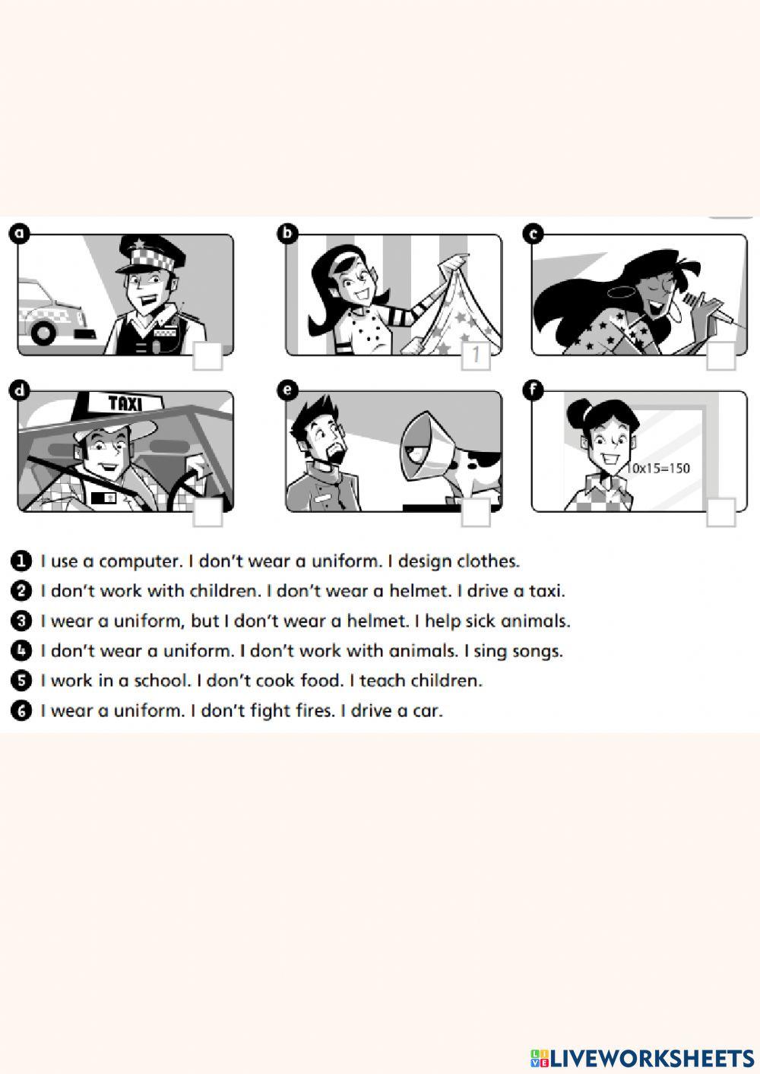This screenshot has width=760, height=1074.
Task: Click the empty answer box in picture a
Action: (207, 356)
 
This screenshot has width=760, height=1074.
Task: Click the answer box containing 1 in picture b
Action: (476, 355)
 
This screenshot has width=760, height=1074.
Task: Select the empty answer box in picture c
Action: (720, 356)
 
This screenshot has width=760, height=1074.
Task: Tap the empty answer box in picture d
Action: (207, 513)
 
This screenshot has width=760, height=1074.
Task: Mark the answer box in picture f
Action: (720, 513)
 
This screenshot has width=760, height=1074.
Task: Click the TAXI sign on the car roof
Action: (125, 403)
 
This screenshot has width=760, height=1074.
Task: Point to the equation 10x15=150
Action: (658, 469)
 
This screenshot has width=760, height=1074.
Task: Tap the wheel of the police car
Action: (43, 332)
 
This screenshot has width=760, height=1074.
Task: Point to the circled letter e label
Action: (287, 390)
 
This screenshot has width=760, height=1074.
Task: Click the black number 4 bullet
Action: (22, 651)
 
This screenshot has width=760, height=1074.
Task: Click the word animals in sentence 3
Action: (535, 621)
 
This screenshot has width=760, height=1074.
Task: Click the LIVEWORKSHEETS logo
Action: (642, 1057)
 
